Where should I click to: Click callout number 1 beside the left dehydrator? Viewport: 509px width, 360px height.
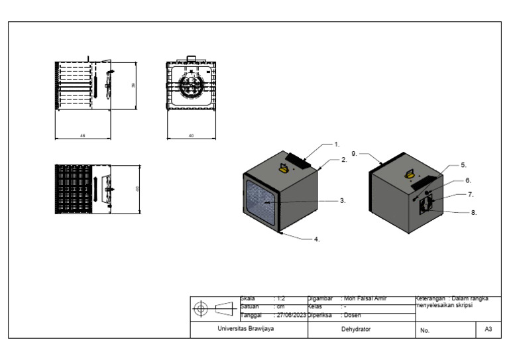click(336, 144)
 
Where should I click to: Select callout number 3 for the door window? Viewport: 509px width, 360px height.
click(341, 200)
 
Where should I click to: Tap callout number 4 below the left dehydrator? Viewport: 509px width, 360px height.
click(316, 239)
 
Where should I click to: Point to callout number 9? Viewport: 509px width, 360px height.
click(355, 153)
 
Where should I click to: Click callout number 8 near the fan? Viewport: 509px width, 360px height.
click(473, 213)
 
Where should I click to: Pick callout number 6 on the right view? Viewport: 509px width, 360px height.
click(468, 180)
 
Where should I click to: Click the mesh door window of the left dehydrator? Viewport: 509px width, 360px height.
click(259, 201)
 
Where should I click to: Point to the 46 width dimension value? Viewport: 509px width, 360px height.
click(82, 135)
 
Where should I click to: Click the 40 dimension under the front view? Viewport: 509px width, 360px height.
click(191, 135)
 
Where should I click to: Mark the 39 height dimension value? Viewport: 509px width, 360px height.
click(133, 86)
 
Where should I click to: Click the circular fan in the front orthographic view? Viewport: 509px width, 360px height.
click(192, 86)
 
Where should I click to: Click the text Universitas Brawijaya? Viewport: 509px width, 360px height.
click(245, 329)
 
